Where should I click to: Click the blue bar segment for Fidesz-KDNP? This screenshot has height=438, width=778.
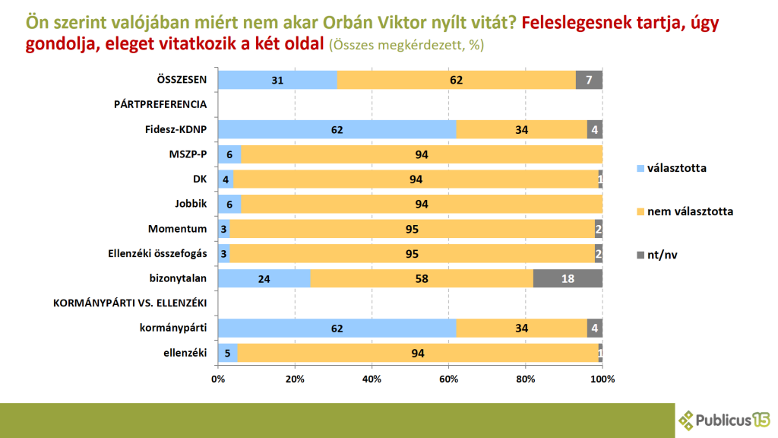[x=337, y=129]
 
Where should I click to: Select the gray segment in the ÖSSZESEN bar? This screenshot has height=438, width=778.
[x=589, y=80]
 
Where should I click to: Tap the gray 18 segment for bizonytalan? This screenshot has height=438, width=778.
[x=568, y=278]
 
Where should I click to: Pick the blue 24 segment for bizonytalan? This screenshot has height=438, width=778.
[x=264, y=278]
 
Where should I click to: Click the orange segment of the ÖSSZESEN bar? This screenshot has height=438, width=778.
[x=456, y=80]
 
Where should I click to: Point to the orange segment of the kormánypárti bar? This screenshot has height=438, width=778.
[x=521, y=328]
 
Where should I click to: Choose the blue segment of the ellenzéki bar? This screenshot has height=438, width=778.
[x=227, y=353]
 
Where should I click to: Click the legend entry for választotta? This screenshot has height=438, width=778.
[x=671, y=167]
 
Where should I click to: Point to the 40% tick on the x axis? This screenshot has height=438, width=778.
[x=372, y=379]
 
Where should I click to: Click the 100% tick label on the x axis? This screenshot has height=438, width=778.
[x=602, y=379]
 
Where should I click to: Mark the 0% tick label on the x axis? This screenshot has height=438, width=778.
[x=218, y=379]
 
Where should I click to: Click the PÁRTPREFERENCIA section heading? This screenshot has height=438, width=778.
[x=160, y=104]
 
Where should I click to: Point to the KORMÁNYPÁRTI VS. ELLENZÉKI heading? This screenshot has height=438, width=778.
[x=131, y=303]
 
